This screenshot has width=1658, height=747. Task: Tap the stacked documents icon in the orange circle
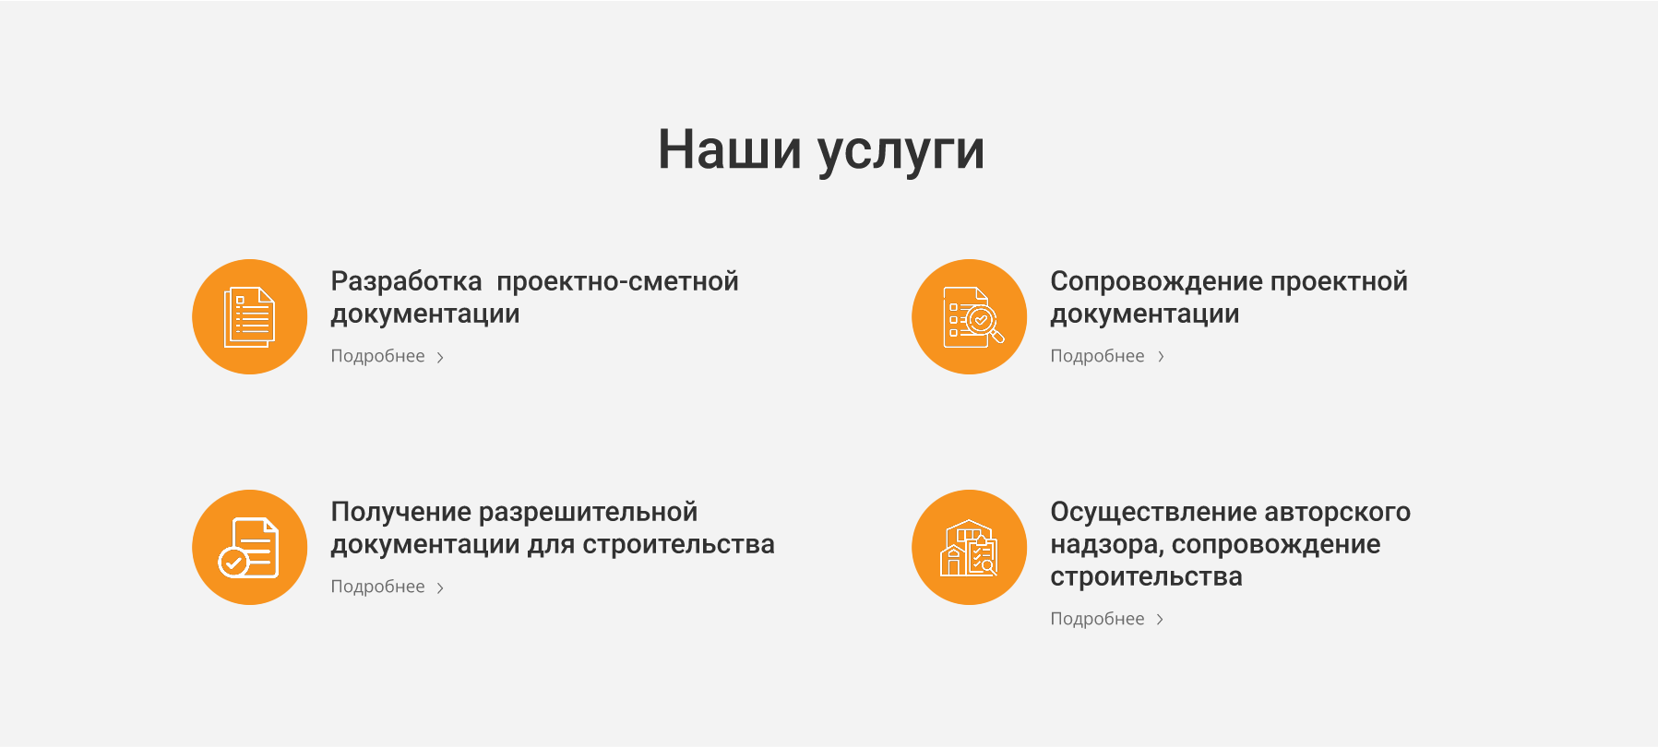pos(249,317)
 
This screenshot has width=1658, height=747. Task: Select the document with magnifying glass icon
pos(970,317)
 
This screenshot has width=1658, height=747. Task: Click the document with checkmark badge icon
pos(249,548)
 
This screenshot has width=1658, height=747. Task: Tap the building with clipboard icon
pos(969,548)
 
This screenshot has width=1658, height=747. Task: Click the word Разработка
pos(406,281)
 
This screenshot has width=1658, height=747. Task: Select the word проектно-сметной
pos(617,281)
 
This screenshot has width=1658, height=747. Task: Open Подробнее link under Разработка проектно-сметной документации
pos(378,356)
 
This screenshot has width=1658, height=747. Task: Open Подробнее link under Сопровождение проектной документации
pos(1097,356)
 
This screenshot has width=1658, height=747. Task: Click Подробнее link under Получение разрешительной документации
pos(378,587)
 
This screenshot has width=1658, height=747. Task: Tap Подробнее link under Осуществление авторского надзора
pos(1097,619)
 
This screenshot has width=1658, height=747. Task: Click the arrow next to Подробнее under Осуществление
pos(1160,620)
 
